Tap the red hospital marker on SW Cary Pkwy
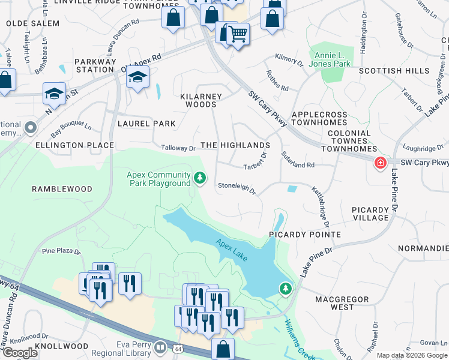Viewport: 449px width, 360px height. coord(380,163)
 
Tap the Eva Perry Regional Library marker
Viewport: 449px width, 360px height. coord(160,347)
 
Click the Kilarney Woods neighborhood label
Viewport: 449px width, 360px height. coord(201,100)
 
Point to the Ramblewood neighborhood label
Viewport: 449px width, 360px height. coord(62,189)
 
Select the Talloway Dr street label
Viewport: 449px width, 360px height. coord(178,148)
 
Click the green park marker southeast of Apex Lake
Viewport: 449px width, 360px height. coord(286,289)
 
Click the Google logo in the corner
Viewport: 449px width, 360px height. coord(20,353)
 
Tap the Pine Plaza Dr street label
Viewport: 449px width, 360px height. coord(61,251)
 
